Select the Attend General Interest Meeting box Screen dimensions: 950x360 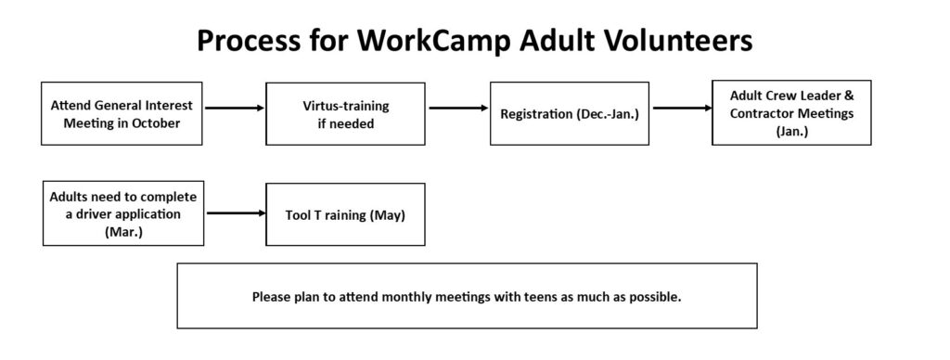pos(122,114)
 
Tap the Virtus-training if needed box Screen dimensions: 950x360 pos(345,114)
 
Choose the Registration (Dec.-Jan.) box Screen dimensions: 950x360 pos(570,114)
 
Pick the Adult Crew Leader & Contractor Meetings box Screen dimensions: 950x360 pos(791,112)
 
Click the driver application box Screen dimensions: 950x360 pos(123,213)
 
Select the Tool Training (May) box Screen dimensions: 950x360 pos(345,214)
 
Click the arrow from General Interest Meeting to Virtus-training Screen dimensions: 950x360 pos(235,108)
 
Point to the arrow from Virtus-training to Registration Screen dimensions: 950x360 pos(458,108)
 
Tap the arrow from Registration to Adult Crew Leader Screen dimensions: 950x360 pos(682,108)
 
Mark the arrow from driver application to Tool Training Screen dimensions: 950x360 pos(237,212)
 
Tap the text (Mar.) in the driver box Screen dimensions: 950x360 pos(123,232)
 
